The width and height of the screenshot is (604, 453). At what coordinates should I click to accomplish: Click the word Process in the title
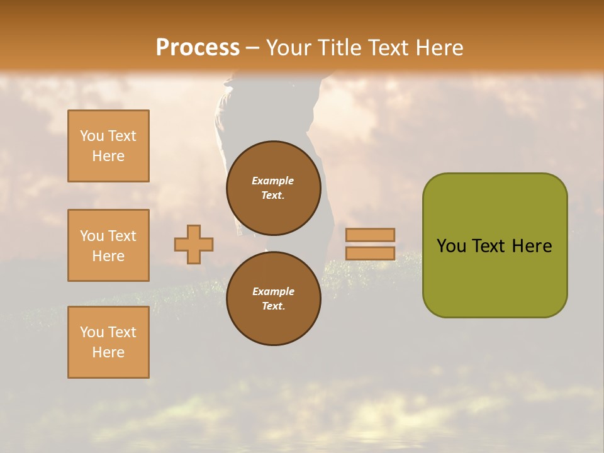(x=198, y=48)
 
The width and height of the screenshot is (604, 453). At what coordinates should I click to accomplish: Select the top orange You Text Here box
(x=108, y=146)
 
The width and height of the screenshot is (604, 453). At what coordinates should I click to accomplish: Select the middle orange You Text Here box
(x=108, y=245)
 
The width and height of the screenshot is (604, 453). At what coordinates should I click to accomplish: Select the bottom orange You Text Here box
(x=108, y=342)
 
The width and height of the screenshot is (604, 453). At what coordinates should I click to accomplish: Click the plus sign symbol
(x=194, y=244)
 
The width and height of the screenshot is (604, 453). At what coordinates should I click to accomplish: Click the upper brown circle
(x=273, y=187)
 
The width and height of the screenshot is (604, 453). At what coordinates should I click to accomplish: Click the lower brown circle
(x=273, y=298)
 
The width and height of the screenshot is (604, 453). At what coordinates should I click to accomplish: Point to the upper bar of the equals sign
(x=370, y=235)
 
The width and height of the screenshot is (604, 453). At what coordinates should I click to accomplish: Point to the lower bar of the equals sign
(x=370, y=254)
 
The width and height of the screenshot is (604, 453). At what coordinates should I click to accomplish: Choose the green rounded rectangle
(x=495, y=277)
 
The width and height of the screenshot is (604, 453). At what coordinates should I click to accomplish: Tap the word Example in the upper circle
(x=272, y=181)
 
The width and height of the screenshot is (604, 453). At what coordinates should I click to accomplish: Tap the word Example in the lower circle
(x=273, y=291)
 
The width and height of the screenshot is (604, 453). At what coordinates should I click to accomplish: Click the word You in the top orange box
(x=92, y=136)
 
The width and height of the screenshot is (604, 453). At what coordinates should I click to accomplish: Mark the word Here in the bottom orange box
(x=108, y=352)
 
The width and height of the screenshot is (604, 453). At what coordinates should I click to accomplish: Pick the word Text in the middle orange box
(x=122, y=236)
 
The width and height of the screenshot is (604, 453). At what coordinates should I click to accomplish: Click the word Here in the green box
(x=532, y=246)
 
